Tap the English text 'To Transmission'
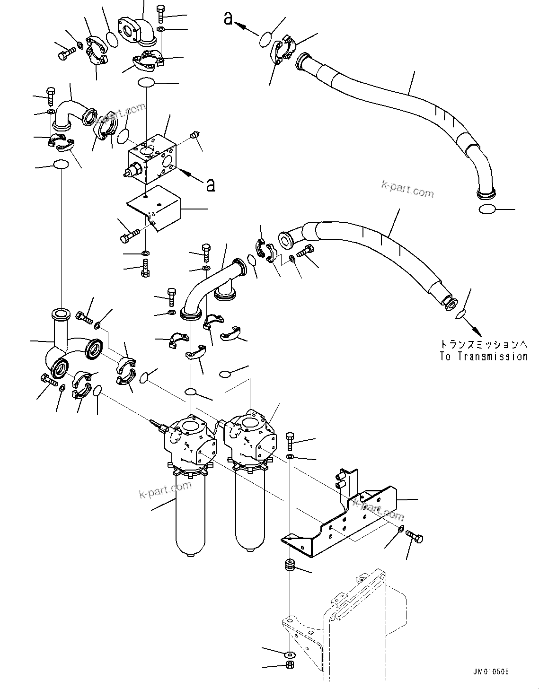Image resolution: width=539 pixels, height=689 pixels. coord(483,357)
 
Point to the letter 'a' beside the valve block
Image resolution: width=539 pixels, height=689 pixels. coord(210,185)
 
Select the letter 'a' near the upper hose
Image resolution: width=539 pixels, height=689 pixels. coord(229,18)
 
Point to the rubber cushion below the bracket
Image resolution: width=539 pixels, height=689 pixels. coord(289,566)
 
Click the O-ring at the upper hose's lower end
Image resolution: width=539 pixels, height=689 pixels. coord(487,209)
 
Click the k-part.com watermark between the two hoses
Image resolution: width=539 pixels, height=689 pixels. coord(407,191)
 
